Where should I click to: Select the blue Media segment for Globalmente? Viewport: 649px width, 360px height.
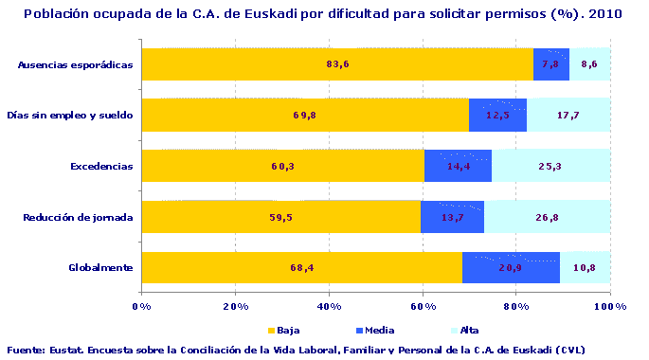(511, 268)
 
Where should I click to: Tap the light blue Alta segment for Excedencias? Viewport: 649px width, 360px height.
(550, 166)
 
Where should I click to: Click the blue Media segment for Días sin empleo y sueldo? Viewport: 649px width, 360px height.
(497, 116)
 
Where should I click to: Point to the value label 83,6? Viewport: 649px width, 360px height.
(338, 64)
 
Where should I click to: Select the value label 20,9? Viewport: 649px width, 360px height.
(513, 268)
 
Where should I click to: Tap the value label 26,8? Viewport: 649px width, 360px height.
(549, 217)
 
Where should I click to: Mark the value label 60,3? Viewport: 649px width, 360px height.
(283, 167)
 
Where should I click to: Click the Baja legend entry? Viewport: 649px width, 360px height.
(291, 331)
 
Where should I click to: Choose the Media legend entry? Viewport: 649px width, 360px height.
(348, 331)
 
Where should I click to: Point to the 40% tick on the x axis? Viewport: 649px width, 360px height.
(329, 306)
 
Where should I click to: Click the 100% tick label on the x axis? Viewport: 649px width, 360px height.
(609, 306)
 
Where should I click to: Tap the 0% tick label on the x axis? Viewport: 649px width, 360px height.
(141, 306)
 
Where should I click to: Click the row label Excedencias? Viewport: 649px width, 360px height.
(102, 167)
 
